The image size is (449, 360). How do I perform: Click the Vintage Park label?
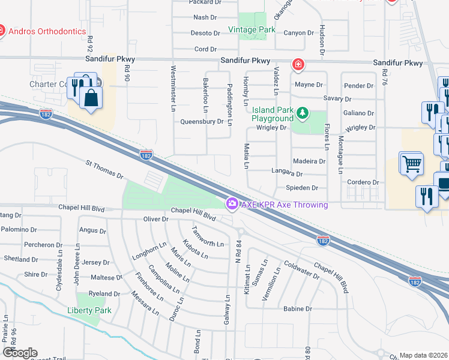252,29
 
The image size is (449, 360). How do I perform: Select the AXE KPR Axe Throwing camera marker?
232,205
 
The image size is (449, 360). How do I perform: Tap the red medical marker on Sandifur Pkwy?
297,64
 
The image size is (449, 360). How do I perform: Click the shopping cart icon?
411,163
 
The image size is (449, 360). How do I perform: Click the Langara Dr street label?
287,174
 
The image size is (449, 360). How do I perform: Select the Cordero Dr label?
364,182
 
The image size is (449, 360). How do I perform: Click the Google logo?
20,353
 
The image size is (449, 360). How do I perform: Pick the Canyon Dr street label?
298,33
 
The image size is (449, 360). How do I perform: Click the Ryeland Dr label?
104,294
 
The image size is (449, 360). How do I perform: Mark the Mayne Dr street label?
309,85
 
